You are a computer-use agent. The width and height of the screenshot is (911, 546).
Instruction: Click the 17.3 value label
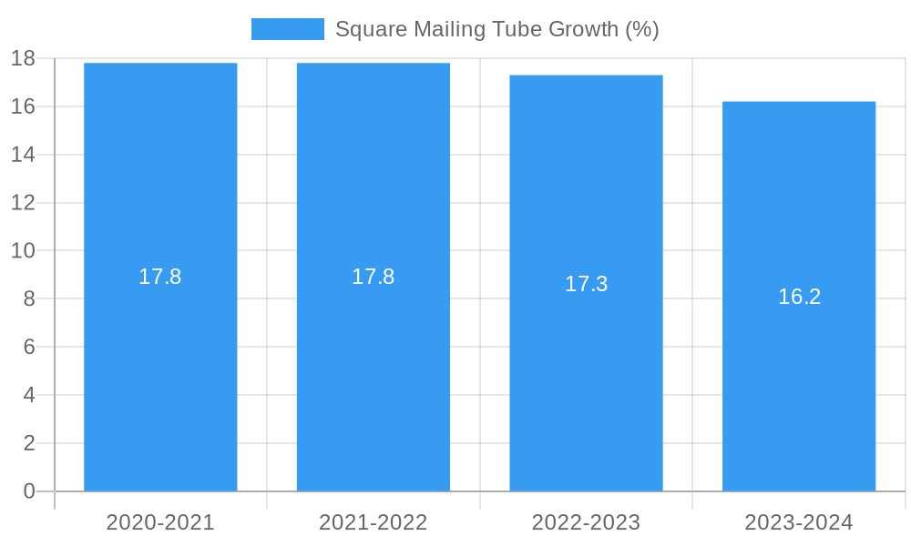click(586, 284)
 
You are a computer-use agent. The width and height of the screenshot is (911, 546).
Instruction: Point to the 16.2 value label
click(799, 297)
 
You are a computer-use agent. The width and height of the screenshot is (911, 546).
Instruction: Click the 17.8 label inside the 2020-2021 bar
click(160, 277)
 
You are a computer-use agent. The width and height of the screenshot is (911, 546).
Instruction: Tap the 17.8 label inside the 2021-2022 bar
click(374, 277)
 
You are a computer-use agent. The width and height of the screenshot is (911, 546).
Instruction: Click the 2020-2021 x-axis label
click(160, 522)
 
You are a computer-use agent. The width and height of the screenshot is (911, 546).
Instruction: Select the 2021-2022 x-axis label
click(374, 522)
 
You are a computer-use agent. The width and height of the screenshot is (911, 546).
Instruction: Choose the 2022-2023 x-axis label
click(586, 522)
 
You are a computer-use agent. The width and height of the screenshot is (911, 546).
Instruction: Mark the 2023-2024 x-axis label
click(799, 522)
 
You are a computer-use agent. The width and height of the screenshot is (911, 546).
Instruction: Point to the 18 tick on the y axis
click(23, 58)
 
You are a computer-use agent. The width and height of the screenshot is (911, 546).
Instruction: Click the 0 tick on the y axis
click(29, 491)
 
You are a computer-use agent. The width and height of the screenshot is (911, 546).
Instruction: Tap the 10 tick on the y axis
click(23, 250)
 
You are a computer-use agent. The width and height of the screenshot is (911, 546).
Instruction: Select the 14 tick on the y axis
click(23, 155)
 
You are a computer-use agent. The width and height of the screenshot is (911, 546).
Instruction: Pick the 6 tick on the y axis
click(29, 347)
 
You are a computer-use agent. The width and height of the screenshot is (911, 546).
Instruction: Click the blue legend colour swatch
click(287, 29)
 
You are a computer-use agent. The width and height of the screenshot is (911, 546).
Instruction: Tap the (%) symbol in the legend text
click(641, 29)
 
